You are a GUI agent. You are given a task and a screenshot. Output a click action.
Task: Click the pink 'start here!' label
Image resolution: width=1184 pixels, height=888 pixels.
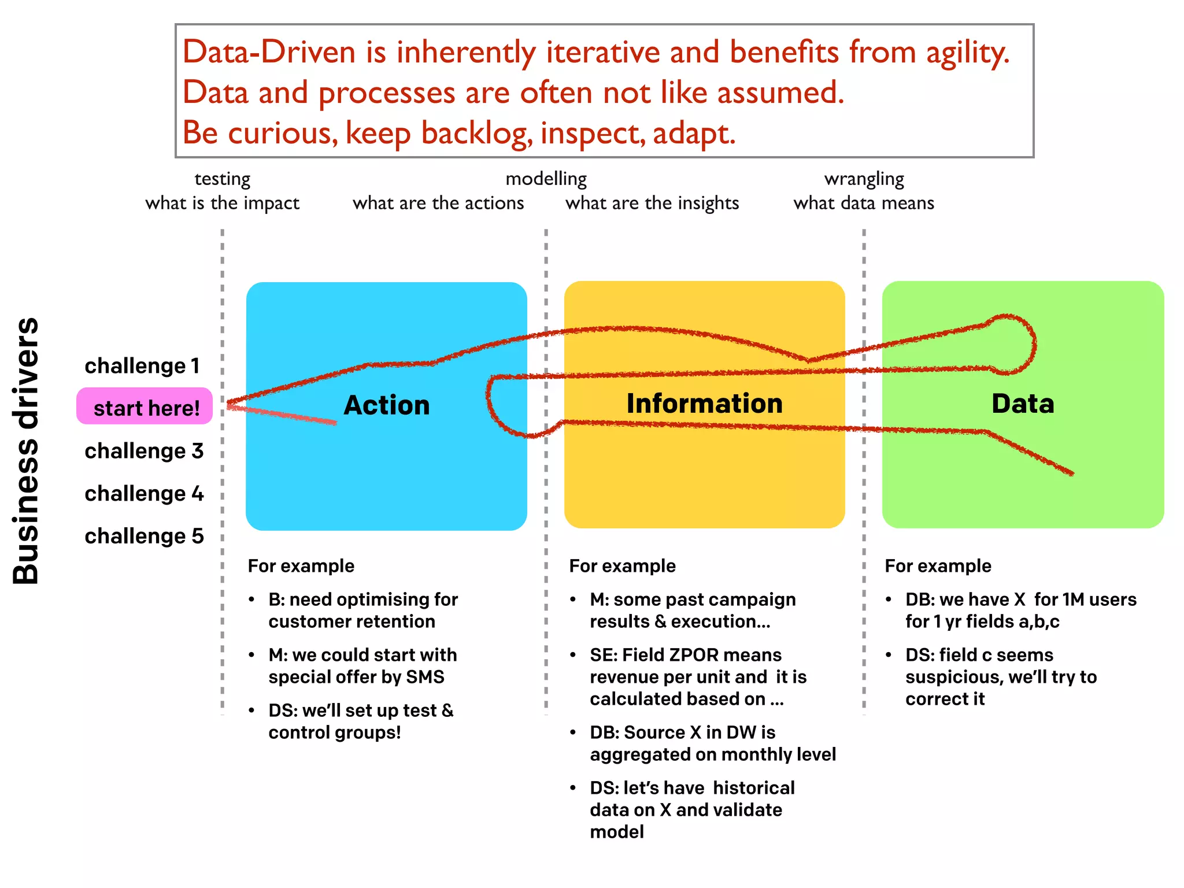tap(145, 407)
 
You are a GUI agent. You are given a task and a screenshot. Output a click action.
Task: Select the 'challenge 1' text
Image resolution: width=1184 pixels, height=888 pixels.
tap(142, 366)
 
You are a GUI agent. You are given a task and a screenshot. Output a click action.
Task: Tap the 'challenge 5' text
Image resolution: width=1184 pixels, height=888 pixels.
tap(144, 536)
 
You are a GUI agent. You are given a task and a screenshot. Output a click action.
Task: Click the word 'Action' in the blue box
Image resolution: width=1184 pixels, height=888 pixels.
tap(386, 405)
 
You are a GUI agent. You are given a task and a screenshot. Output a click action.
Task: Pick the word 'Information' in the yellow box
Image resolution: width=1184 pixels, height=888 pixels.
tap(704, 403)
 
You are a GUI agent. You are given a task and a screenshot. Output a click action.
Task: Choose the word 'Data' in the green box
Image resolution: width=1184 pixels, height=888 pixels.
tap(1023, 403)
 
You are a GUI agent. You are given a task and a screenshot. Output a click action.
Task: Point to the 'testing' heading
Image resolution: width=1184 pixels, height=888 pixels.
tap(222, 179)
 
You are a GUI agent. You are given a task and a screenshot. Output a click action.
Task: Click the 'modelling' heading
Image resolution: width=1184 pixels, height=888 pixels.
tap(546, 179)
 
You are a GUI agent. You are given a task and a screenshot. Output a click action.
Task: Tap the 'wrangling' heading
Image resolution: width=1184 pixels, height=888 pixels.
tap(864, 179)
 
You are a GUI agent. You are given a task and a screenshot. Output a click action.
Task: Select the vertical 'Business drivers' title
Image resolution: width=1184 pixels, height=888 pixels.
tap(26, 450)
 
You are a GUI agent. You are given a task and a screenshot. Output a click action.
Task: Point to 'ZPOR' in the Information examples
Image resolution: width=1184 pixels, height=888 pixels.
tap(693, 654)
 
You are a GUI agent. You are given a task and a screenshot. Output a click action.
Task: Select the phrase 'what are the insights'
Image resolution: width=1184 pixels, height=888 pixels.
tap(652, 203)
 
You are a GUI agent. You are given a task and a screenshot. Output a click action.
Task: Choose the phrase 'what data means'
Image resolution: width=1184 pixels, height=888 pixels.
tap(864, 203)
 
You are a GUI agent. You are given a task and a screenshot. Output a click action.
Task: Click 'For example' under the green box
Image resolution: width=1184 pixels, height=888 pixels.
tap(938, 565)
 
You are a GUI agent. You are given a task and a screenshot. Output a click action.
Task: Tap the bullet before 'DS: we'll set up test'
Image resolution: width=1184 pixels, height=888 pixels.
tap(251, 711)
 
